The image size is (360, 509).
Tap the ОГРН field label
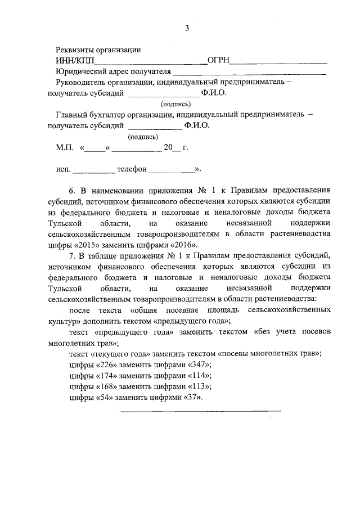coord(218,61)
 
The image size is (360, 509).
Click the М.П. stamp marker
coord(64,147)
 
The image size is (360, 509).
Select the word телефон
coord(132,169)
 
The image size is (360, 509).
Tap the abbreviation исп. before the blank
coord(63,169)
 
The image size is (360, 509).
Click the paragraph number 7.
coord(71,256)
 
